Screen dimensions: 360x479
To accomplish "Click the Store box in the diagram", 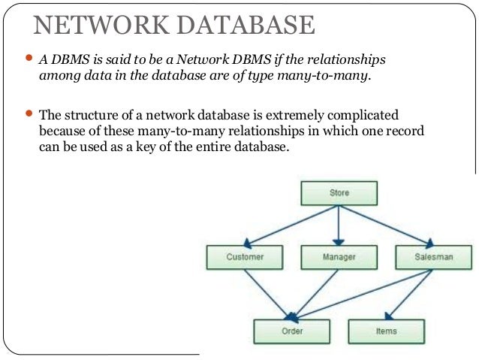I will (x=339, y=193).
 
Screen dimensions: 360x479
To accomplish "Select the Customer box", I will (x=244, y=257).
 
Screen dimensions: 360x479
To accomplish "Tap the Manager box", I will (x=339, y=257).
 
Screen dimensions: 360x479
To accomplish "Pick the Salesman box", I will (x=433, y=257).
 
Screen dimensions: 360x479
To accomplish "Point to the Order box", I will (x=291, y=330).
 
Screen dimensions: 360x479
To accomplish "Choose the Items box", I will (x=386, y=330).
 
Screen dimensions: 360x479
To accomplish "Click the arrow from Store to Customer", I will (x=293, y=225).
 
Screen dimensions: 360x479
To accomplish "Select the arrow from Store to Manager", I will (x=339, y=225).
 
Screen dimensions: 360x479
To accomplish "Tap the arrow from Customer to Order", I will (x=267, y=293).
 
